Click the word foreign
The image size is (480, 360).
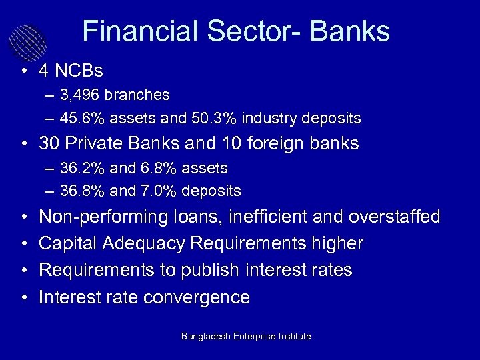click(283, 143)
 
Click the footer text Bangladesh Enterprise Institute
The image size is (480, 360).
click(246, 337)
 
